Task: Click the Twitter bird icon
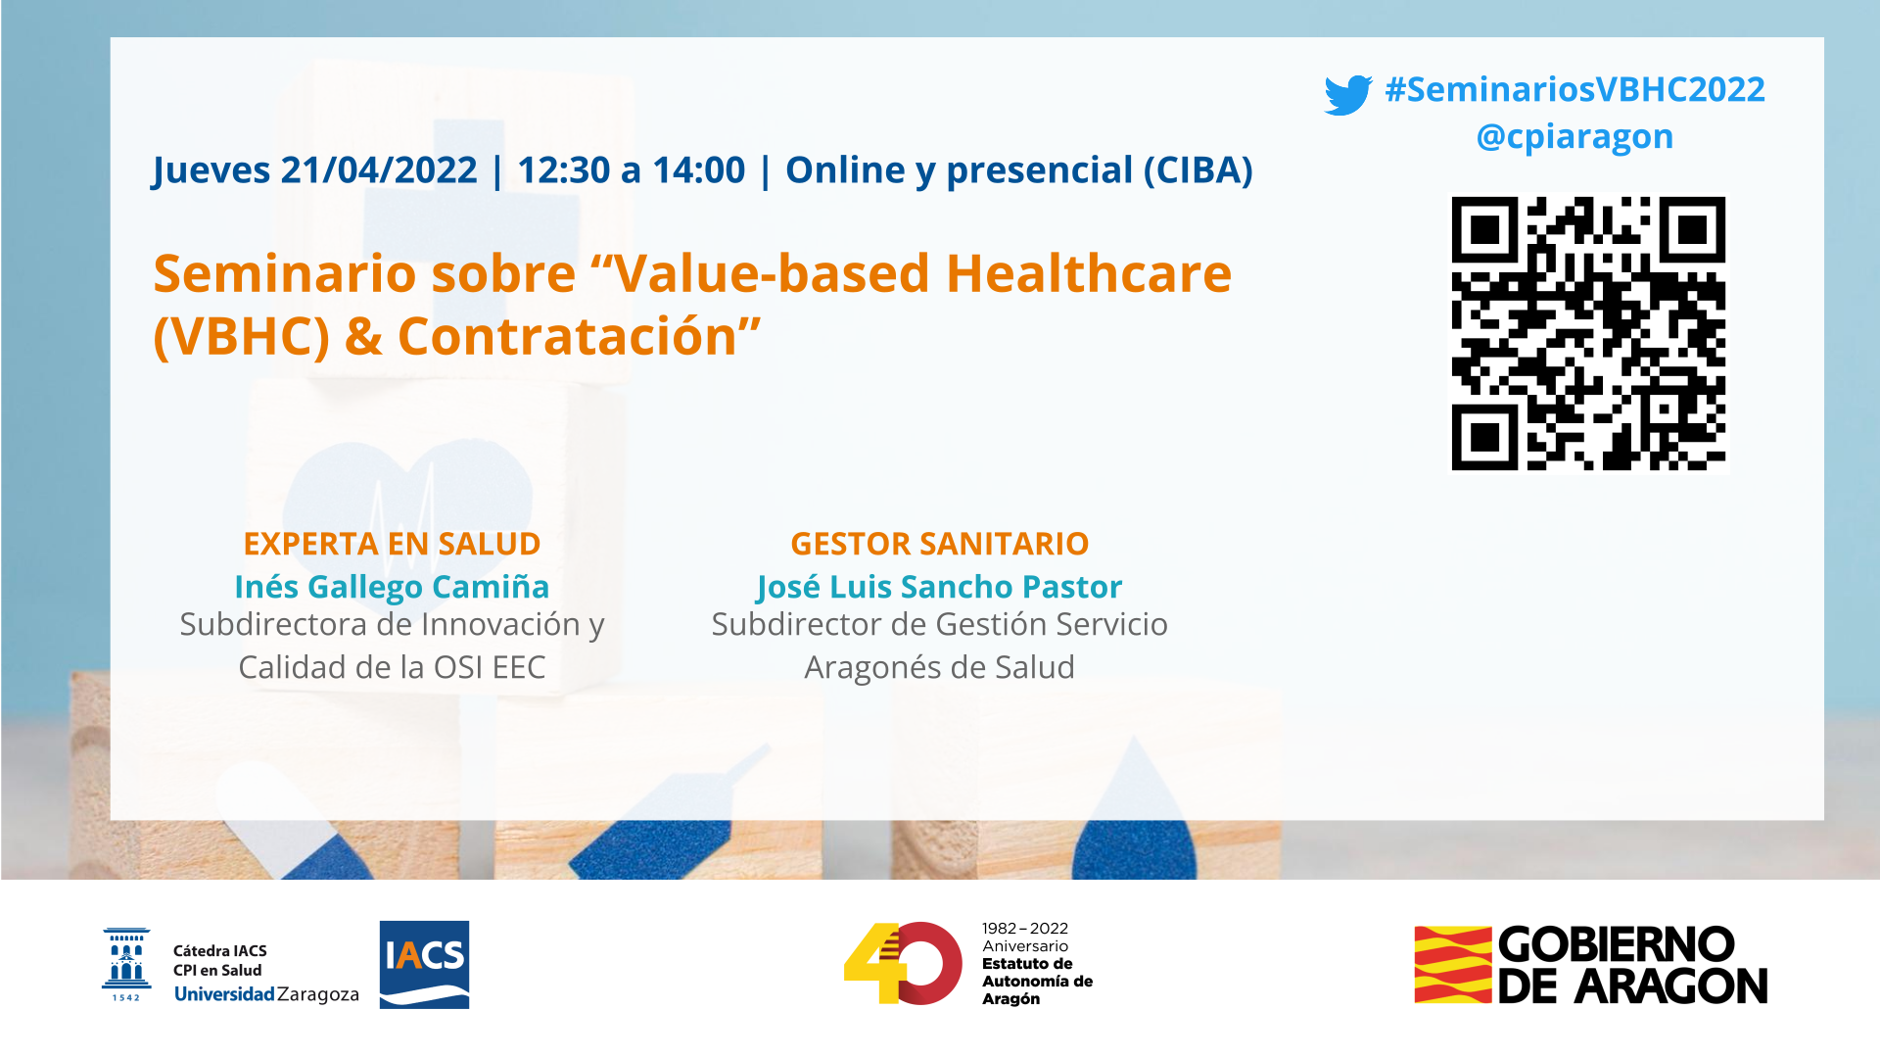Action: point(1348,95)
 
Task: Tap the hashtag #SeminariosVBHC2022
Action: point(1574,89)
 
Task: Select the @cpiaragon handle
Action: point(1574,137)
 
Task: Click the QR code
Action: point(1588,334)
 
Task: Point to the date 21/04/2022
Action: point(378,170)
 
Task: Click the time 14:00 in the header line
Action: point(698,170)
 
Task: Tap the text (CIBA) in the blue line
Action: point(1198,170)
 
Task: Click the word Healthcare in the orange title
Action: point(1089,273)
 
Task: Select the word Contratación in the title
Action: point(567,337)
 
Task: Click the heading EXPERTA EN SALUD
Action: point(392,544)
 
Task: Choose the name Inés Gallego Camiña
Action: point(392,587)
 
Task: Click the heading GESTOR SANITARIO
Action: point(940,544)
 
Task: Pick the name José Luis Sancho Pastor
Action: point(940,587)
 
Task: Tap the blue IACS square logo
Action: point(424,965)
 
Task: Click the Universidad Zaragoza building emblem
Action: point(126,965)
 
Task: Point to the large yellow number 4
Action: point(873,963)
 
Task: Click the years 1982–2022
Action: point(1025,929)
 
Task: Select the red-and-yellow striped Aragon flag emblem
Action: point(1453,965)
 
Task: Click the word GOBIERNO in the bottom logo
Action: point(1617,945)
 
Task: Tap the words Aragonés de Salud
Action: point(940,668)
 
